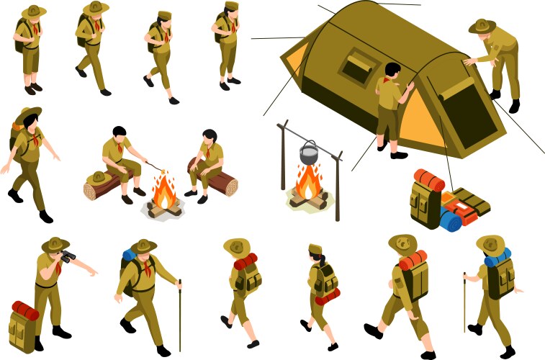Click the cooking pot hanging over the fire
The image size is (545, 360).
pos(309,152)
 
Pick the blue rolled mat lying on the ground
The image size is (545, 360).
pos(450,221)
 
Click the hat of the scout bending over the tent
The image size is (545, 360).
pos(482,26)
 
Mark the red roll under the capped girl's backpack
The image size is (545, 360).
pos(328,296)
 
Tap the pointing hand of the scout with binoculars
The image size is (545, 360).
pos(94,273)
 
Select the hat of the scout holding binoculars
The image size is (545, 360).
pos(55,244)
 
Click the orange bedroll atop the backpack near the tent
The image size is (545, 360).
pos(429,179)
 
